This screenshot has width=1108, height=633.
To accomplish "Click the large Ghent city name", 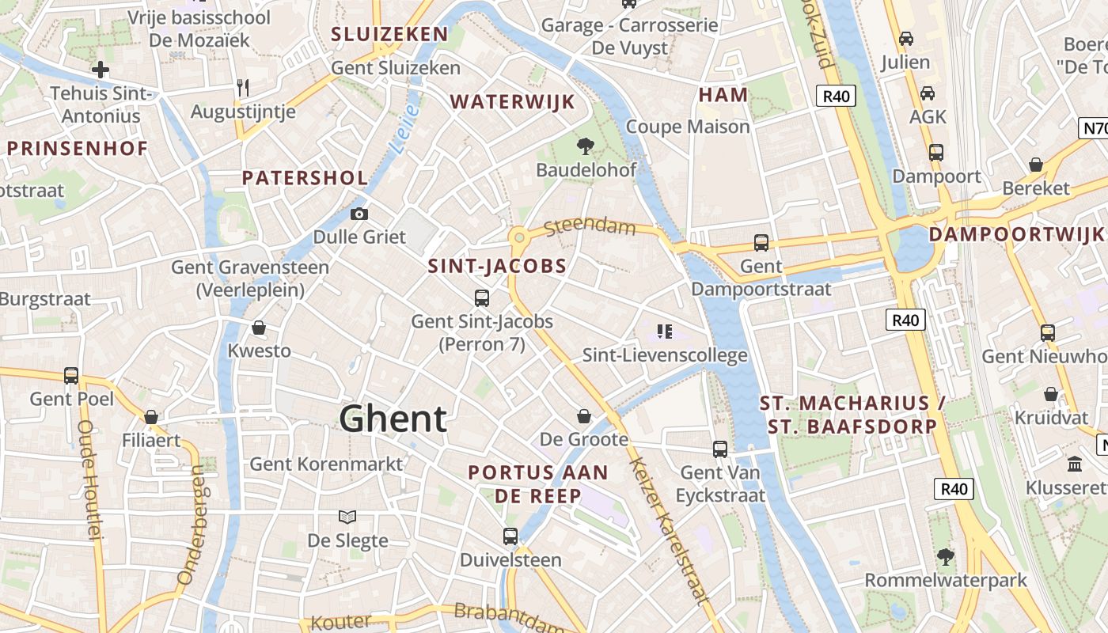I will coord(393,419).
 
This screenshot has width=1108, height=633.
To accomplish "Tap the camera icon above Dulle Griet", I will coord(359,214).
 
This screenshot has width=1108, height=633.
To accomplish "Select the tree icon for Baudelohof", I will coord(586,146).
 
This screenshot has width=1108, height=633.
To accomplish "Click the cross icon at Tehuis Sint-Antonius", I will coord(101,70).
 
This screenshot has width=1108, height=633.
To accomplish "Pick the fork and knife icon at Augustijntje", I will coord(243,88).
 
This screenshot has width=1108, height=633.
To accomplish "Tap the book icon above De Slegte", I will coord(347,517).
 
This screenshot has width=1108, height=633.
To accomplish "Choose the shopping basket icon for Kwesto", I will coord(259,328).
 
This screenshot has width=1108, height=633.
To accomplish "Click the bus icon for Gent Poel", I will coord(71,376).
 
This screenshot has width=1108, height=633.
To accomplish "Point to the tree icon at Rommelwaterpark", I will coord(945,556).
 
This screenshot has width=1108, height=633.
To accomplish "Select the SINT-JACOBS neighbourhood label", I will coord(497,267).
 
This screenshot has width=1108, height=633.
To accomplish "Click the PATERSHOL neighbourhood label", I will coord(305,178).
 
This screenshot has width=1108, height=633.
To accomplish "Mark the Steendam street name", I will coord(590,228).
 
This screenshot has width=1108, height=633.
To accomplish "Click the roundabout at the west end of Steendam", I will coord(519,237).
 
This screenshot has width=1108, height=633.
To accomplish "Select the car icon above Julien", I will coord(906,38).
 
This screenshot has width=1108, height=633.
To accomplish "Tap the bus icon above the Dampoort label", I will coord(936,152).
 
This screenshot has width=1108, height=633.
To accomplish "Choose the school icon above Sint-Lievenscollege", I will coord(665,332).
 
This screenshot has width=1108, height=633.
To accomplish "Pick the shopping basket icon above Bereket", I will coord(1035,165).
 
